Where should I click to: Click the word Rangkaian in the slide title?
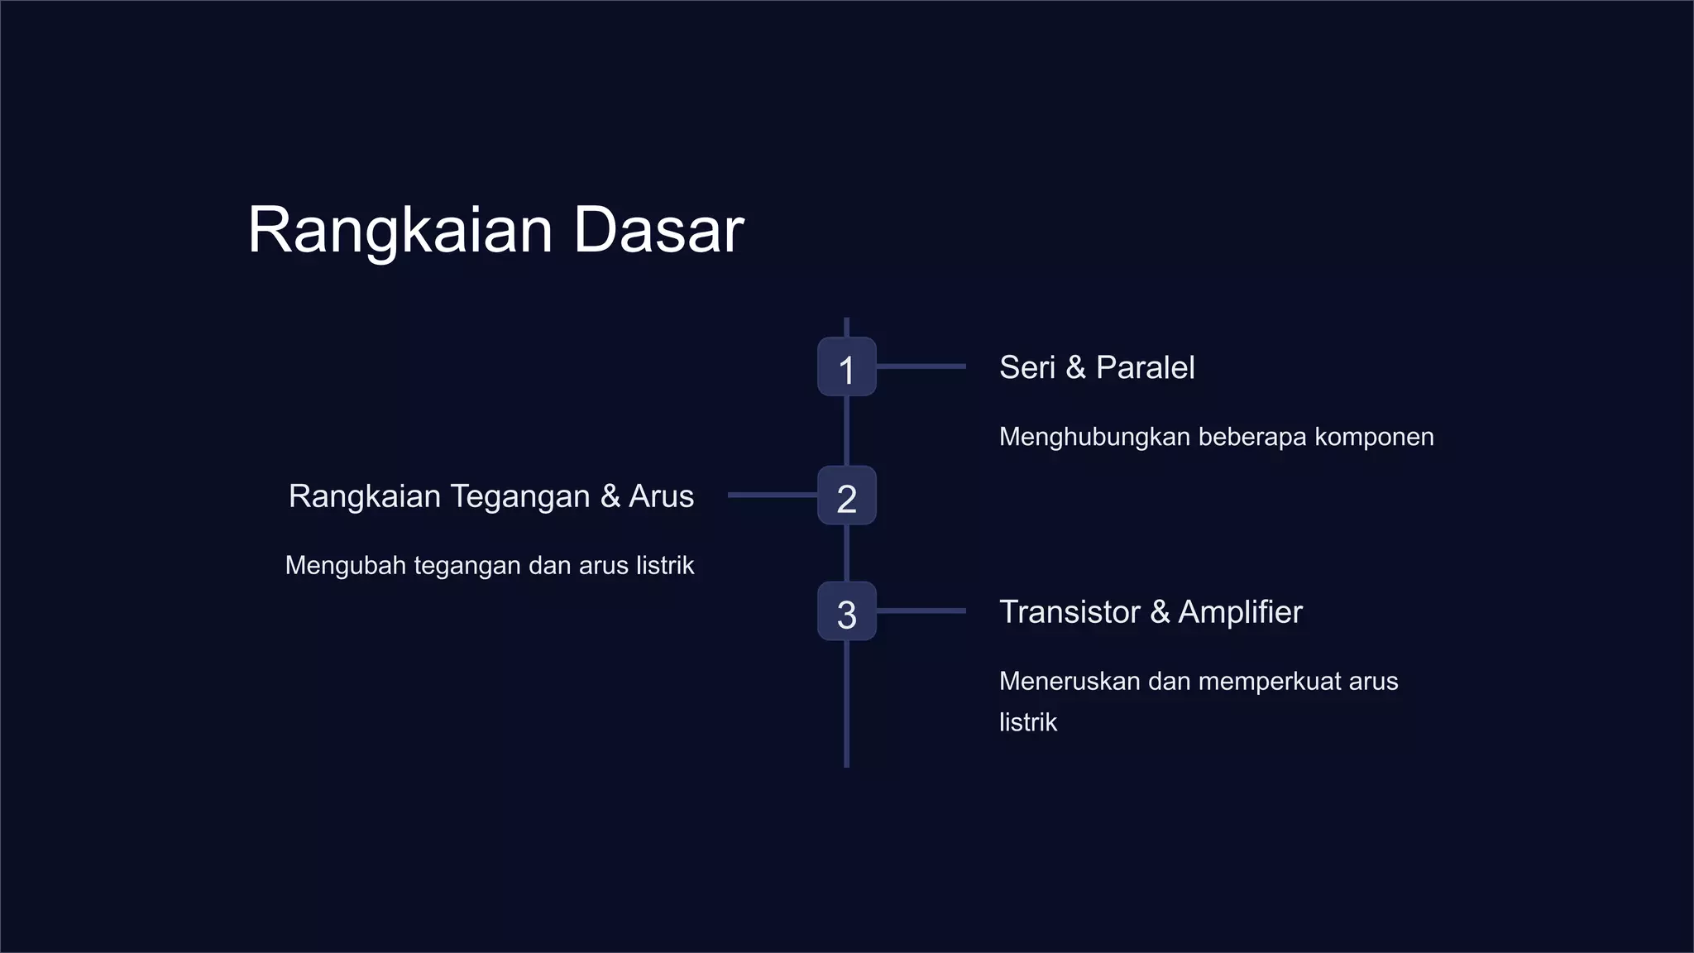coord(400,232)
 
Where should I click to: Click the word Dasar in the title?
coord(658,230)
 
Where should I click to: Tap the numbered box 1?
coord(846,367)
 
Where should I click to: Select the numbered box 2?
coord(846,496)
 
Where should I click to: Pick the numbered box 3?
coord(846,612)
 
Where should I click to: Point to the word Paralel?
coord(1145,367)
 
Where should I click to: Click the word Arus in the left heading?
coord(661,496)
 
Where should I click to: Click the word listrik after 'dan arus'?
coord(665,566)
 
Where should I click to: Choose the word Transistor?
coord(1070,612)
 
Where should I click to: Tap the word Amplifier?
coord(1240,612)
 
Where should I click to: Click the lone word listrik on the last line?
coord(1027,722)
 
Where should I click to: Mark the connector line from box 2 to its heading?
coord(772,495)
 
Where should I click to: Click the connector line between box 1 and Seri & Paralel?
coord(921,366)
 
